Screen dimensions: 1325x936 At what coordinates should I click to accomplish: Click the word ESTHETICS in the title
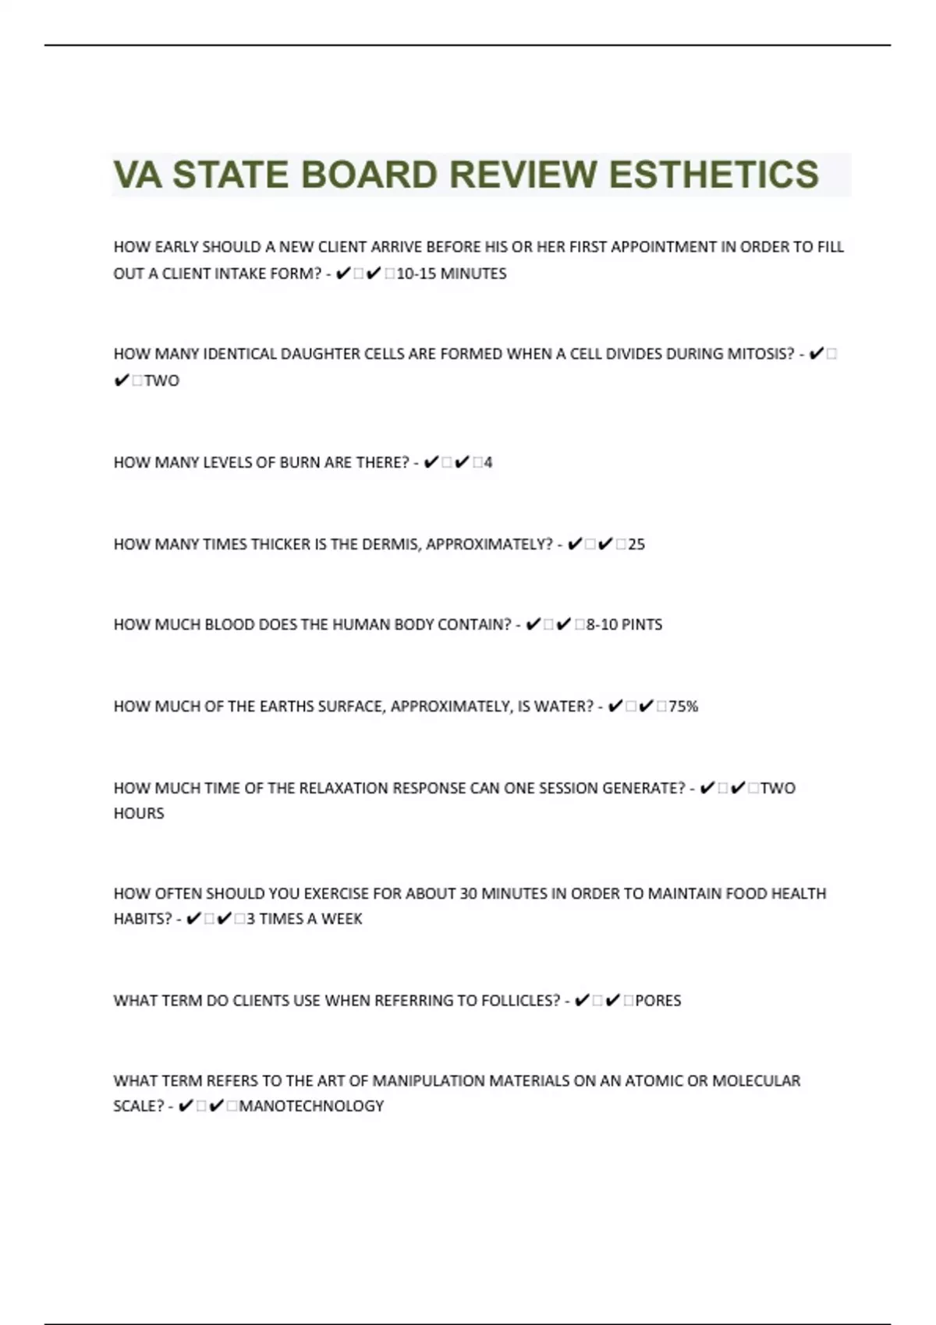point(713,175)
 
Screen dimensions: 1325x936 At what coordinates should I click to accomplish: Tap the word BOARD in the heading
point(369,175)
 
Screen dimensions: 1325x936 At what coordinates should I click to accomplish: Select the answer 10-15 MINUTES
point(452,274)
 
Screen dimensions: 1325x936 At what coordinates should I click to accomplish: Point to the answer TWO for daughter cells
point(161,381)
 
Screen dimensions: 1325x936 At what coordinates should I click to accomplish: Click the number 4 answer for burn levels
point(488,463)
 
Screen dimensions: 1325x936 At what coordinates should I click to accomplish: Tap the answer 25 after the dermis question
point(636,544)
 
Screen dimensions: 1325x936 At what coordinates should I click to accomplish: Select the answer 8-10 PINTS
point(624,624)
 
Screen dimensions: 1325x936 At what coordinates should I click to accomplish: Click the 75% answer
point(683,706)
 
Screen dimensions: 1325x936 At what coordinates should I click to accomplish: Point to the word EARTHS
point(289,706)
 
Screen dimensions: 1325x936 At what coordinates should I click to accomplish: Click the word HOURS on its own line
point(139,813)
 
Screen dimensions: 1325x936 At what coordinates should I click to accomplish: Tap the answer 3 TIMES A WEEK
point(304,919)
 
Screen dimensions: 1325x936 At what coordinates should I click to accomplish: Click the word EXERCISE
point(336,893)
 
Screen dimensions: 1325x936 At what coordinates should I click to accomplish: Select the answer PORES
point(658,1000)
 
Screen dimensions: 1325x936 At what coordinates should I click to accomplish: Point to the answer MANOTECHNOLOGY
point(311,1106)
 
